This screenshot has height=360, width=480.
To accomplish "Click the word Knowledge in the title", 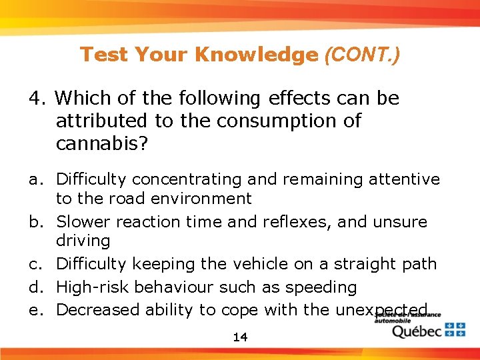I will (256, 55).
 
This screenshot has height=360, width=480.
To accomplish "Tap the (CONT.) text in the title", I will (361, 55).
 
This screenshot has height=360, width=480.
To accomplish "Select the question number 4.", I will (35, 99).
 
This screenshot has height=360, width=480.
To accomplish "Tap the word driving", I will (83, 240).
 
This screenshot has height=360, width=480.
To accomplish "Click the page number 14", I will (240, 337).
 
